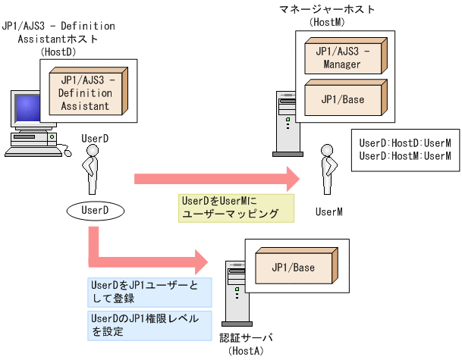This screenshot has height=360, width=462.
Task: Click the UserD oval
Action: coord(95,209)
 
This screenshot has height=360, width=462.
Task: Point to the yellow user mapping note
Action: coord(236,208)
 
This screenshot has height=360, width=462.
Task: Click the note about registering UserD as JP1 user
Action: coord(149,291)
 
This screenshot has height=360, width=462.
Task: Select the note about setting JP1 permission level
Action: coord(149,324)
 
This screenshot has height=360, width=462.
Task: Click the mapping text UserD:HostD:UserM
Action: coord(405,142)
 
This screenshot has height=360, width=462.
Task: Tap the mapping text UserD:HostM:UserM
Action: coord(405,156)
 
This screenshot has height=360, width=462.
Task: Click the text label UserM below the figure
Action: coord(329,212)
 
